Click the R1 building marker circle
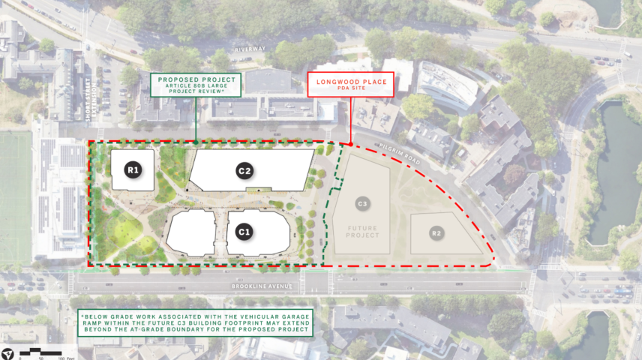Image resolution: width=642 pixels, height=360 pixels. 133,170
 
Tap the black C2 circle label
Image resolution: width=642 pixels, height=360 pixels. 244,170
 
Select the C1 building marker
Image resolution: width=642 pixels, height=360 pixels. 243,232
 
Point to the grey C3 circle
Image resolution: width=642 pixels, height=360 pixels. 362,203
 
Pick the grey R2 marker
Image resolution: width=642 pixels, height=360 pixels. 436,233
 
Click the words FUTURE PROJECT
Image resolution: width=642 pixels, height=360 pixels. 362,231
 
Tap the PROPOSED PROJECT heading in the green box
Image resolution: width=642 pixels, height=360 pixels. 196,79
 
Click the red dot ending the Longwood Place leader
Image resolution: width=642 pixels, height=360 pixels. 351,143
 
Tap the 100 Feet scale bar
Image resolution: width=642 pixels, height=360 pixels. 47,351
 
